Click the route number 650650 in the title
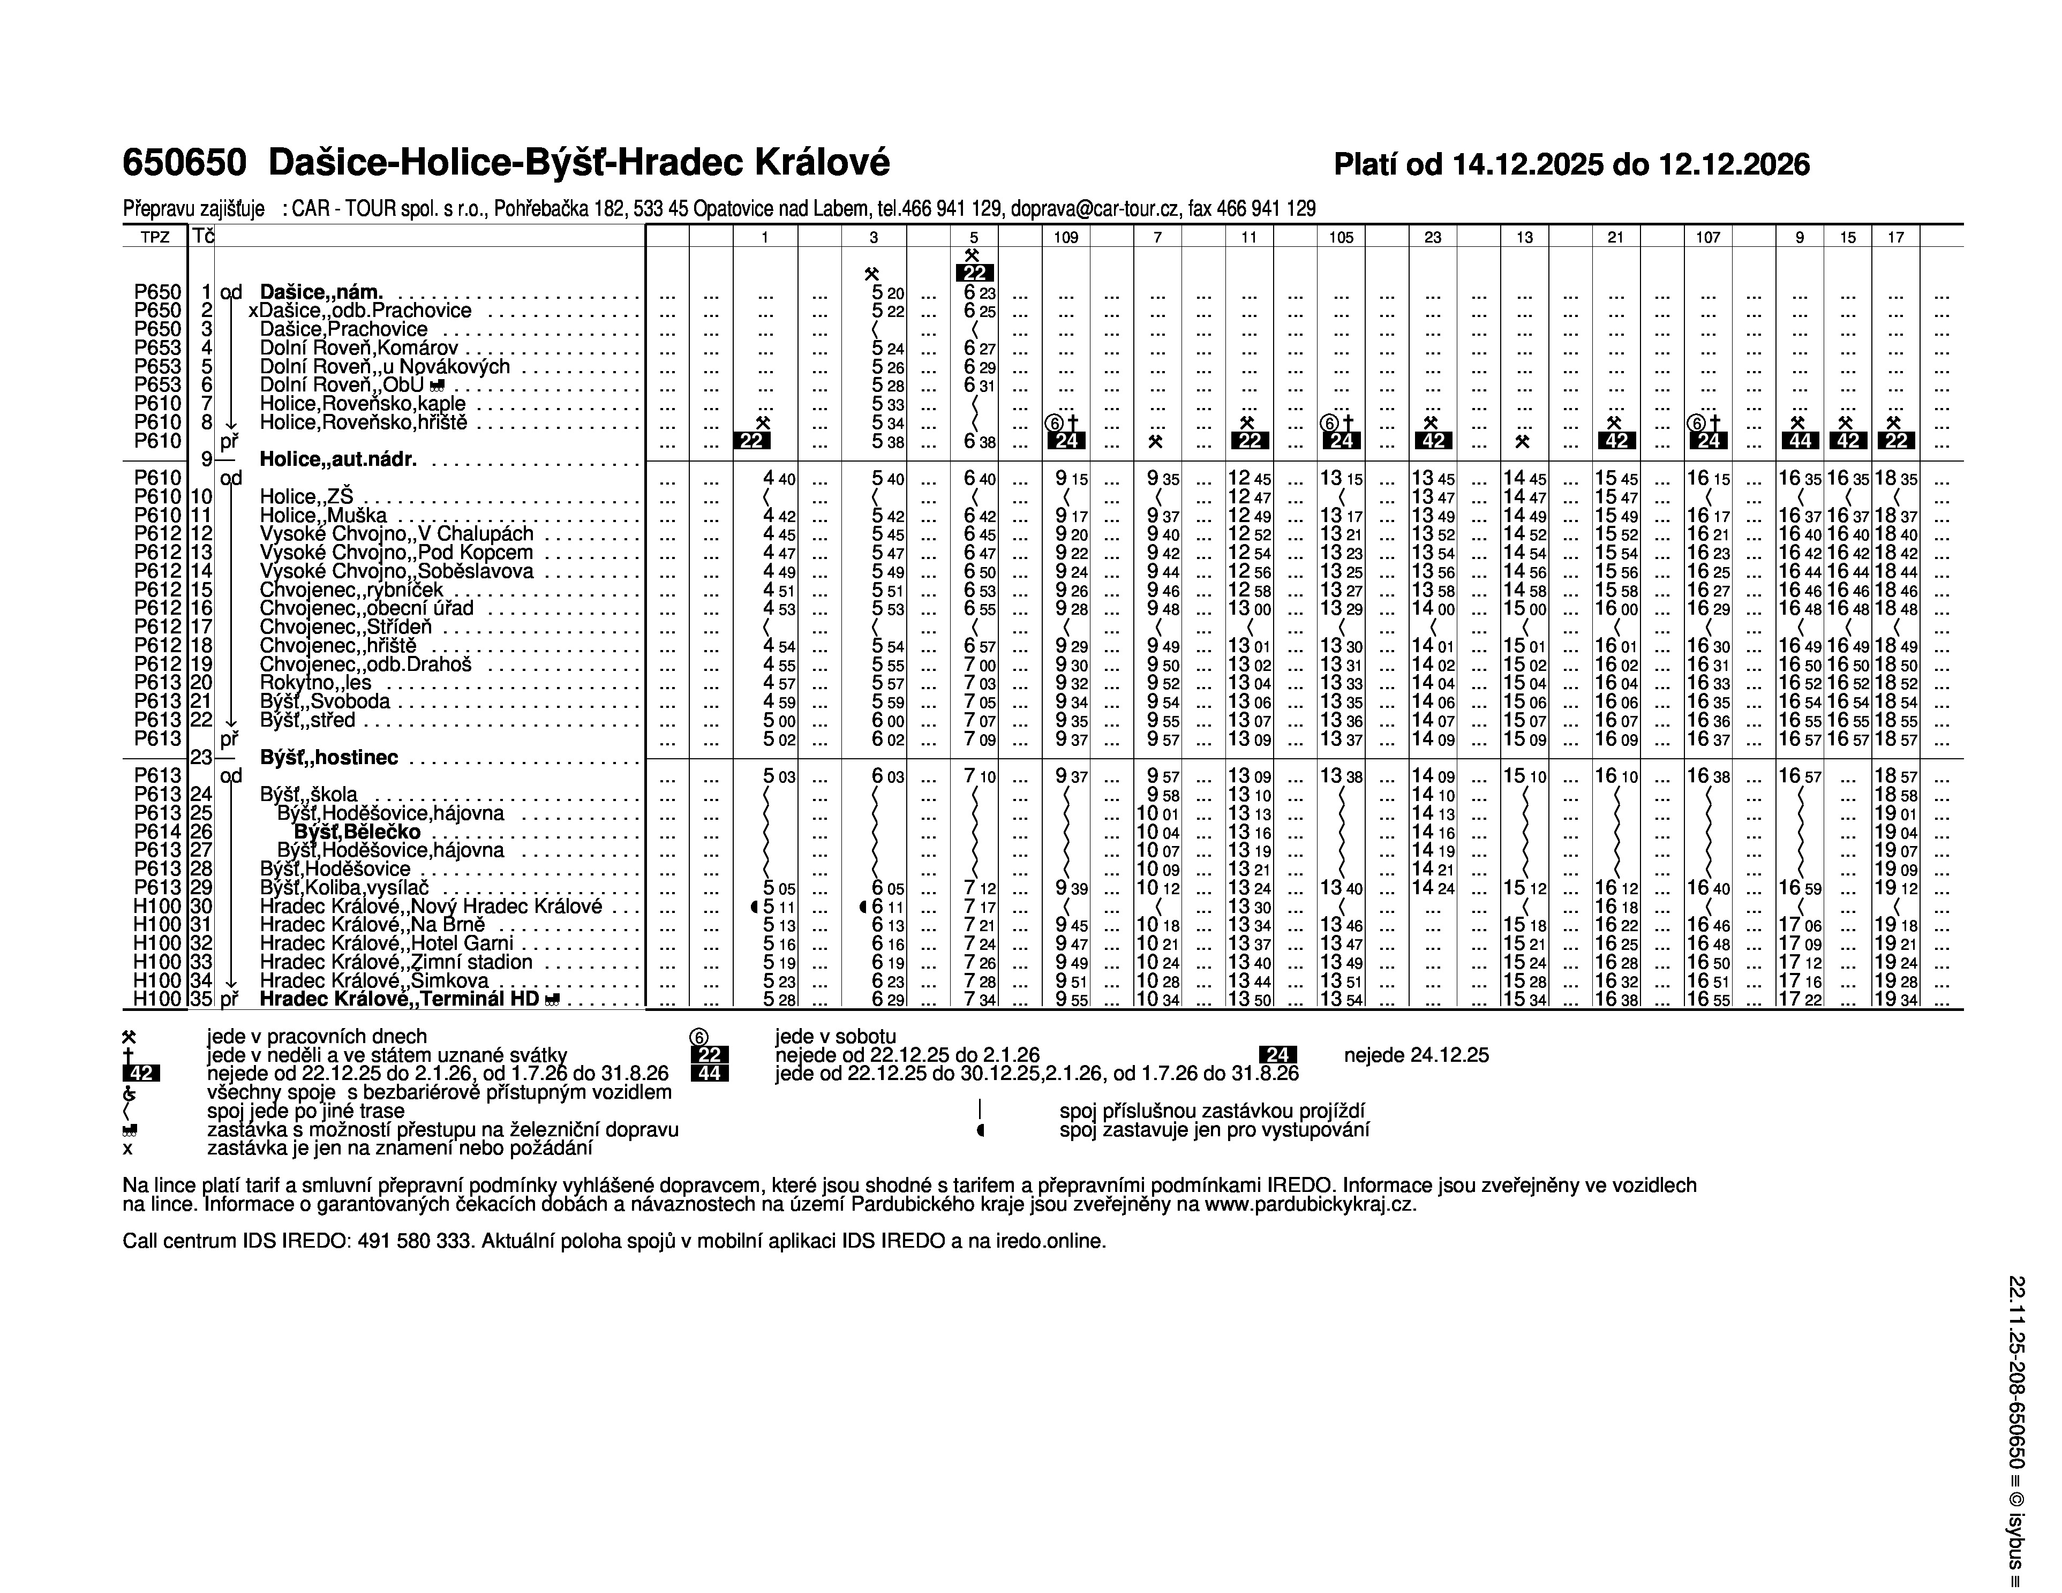tap(185, 163)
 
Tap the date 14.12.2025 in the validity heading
tap(1526, 165)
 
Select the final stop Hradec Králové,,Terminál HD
tap(400, 999)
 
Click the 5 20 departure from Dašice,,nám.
tap(887, 293)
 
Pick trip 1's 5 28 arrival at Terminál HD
tap(779, 999)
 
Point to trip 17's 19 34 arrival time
tap(1896, 999)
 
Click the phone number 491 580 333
tap(416, 1242)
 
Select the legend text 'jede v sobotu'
tap(836, 1036)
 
